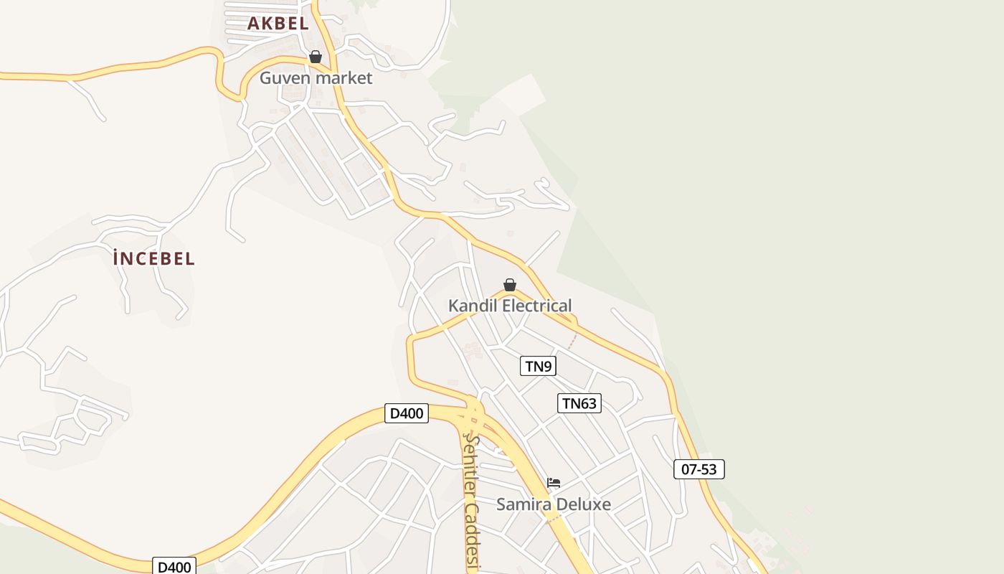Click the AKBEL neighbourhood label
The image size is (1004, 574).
(278, 23)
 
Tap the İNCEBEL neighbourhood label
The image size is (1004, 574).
(153, 258)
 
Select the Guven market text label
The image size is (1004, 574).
(316, 77)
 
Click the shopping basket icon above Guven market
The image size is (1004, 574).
(316, 57)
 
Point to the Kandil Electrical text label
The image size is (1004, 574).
(510, 306)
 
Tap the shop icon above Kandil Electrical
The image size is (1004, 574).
(510, 285)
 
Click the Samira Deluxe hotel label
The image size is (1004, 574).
(554, 504)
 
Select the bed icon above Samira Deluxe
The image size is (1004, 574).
(554, 483)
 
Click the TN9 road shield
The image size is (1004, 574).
(538, 367)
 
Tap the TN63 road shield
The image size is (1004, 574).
(579, 403)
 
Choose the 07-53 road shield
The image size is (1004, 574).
(699, 469)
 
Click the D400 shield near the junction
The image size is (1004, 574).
(407, 413)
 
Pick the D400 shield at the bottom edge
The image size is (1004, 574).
(174, 567)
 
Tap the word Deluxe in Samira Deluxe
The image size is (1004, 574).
(582, 504)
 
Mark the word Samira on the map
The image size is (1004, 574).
(523, 504)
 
